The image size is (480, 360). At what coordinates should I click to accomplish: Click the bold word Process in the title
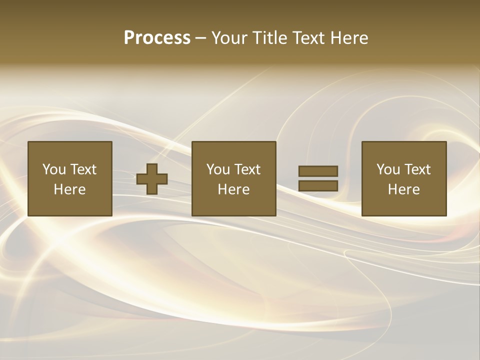tap(157, 38)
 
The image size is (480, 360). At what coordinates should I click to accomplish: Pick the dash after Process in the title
tap(200, 38)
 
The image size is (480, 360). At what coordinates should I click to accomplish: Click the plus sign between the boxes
tap(152, 179)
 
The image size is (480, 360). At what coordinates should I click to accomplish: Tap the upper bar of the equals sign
tap(318, 171)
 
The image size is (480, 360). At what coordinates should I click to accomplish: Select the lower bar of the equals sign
tap(318, 186)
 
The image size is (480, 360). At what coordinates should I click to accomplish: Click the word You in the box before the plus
tap(54, 169)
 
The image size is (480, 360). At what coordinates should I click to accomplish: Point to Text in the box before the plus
tap(82, 169)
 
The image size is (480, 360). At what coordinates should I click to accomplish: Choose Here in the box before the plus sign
tap(69, 189)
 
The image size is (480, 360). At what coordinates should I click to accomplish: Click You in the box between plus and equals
tap(218, 169)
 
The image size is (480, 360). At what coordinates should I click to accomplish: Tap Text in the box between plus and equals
tap(246, 169)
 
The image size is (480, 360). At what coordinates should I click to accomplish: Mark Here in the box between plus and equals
tap(233, 189)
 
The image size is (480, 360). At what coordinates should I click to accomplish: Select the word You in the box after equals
tap(388, 169)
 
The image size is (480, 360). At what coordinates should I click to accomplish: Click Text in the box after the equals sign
tap(416, 169)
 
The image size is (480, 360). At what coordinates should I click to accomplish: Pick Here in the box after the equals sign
tap(403, 189)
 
